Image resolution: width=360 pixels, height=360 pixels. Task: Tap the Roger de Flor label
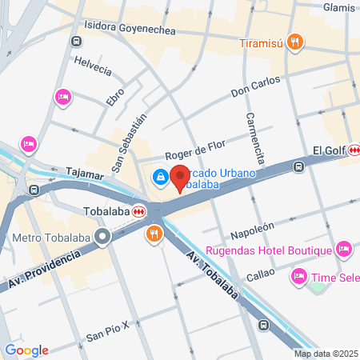tap(195, 150)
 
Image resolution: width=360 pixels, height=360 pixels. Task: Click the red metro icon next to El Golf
tap(353, 150)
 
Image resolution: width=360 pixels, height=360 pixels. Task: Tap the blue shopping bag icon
tap(161, 176)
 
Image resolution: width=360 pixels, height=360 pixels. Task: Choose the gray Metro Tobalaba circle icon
tap(102, 237)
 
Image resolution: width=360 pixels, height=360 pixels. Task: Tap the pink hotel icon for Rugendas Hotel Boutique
tap(344, 250)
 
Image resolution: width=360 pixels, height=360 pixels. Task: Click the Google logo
tap(26, 350)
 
